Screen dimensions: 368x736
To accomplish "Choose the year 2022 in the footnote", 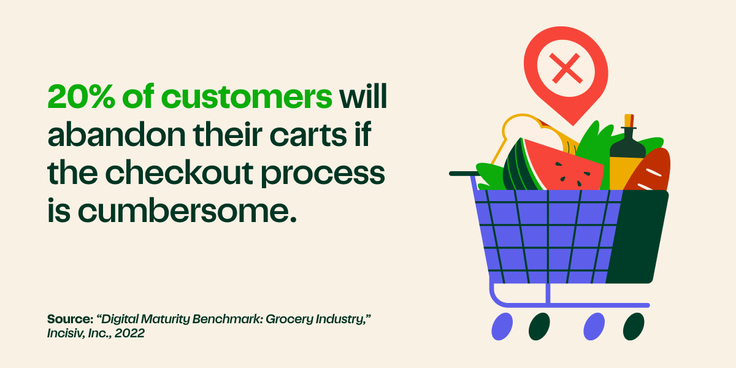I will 131,334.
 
